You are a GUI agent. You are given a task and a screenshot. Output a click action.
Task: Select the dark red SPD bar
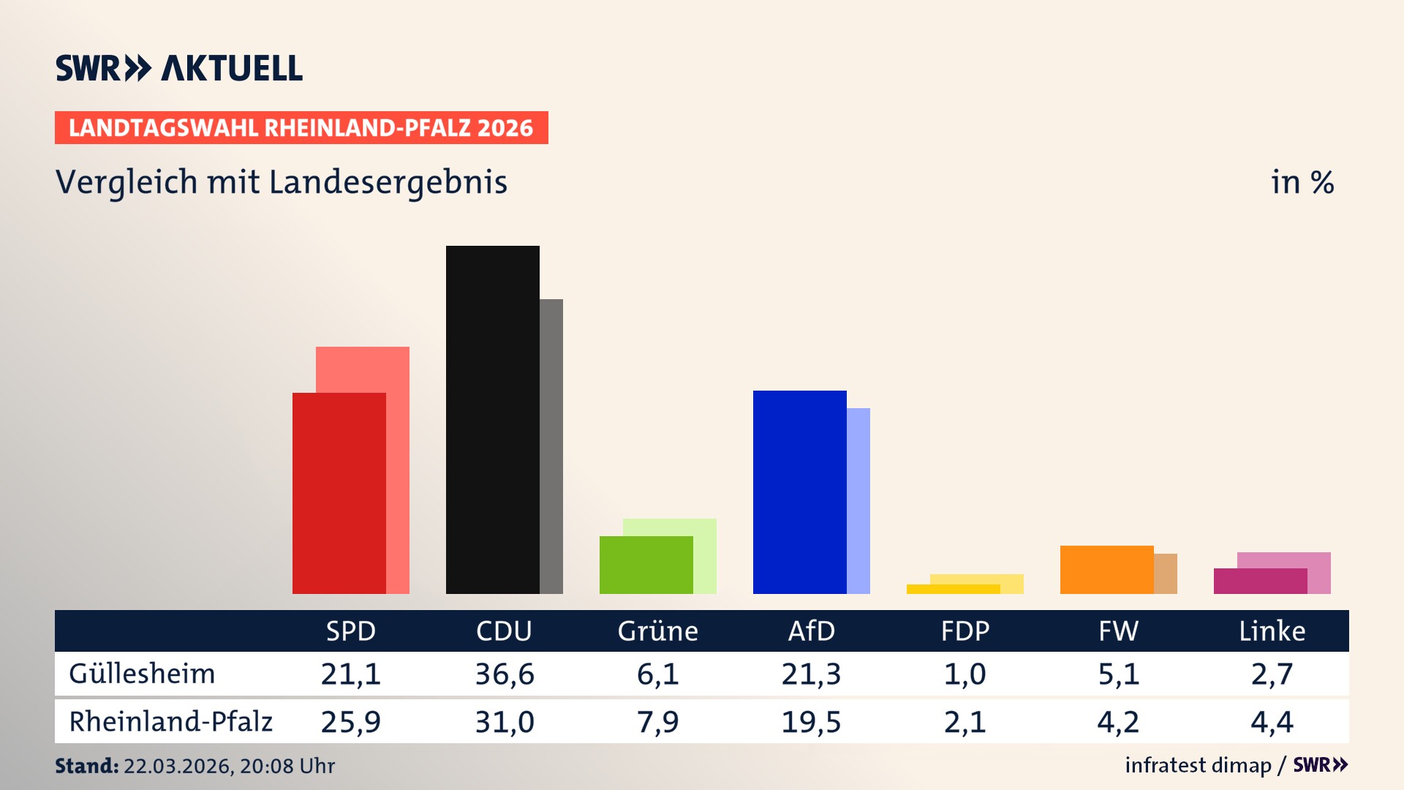point(339,493)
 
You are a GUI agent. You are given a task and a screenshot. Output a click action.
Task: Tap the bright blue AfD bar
point(799,492)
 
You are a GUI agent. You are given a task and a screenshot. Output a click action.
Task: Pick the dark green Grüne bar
point(646,565)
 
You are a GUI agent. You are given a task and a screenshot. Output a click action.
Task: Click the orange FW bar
point(1106,569)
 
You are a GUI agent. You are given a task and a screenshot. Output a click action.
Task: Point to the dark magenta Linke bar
point(1260,581)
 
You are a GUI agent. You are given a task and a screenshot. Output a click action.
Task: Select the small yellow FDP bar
point(953,589)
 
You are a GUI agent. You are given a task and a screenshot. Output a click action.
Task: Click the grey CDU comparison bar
point(551,446)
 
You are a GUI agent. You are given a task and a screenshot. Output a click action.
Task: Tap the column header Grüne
point(657,631)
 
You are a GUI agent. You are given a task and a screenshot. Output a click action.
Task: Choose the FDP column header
point(965,631)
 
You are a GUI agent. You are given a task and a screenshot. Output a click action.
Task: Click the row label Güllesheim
point(142,674)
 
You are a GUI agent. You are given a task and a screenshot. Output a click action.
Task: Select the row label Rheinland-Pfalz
point(170,722)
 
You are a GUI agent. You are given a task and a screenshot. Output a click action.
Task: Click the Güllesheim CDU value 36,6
point(505,674)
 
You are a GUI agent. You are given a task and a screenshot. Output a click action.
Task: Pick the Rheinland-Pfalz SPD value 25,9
point(350,722)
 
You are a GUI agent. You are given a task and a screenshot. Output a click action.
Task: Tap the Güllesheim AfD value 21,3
point(811,674)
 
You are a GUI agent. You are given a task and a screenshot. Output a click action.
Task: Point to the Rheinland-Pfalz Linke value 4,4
point(1272,722)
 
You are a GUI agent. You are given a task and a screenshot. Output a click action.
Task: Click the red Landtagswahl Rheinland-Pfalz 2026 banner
point(301,128)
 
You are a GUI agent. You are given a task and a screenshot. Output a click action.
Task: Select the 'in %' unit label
point(1302,182)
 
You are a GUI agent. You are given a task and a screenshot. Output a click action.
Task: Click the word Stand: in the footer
point(86,766)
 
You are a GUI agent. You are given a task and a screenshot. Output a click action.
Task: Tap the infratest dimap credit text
point(1198,765)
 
